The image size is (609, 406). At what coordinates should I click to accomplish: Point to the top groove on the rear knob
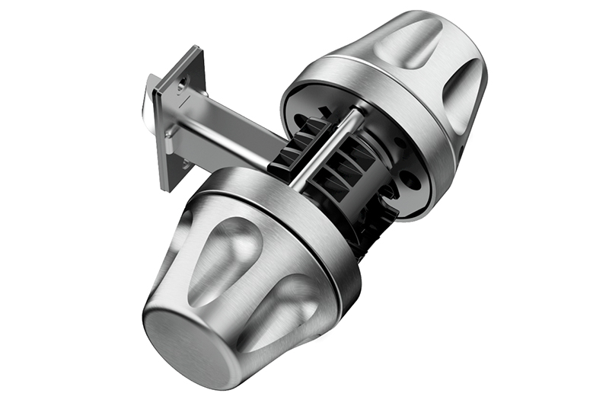point(411,42)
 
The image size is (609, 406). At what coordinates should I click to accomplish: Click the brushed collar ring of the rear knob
point(358,84)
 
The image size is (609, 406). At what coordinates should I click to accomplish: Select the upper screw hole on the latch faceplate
point(183,84)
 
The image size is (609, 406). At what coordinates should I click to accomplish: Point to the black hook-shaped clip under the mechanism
point(373,221)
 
